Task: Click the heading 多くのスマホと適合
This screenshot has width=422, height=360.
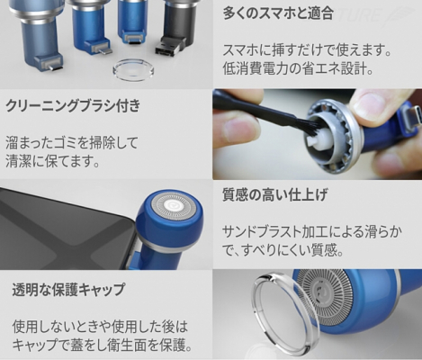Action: click(278, 13)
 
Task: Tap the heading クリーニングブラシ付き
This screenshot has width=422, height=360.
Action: click(73, 106)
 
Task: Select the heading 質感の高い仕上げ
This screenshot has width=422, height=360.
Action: click(274, 194)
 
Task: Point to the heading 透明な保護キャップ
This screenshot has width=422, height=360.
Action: click(68, 289)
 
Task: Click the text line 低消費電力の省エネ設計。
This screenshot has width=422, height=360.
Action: click(298, 68)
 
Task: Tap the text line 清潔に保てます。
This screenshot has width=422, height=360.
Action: click(53, 161)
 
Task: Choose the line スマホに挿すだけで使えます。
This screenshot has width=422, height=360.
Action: click(308, 50)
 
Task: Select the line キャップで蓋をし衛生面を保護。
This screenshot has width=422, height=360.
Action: click(103, 346)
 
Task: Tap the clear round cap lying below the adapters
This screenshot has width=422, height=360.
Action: click(133, 71)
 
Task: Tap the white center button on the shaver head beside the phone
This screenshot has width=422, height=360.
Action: click(173, 206)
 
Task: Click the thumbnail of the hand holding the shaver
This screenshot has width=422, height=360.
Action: click(318, 134)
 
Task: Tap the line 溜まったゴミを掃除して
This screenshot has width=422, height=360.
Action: click(71, 143)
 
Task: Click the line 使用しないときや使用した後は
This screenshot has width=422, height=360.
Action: click(100, 327)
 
